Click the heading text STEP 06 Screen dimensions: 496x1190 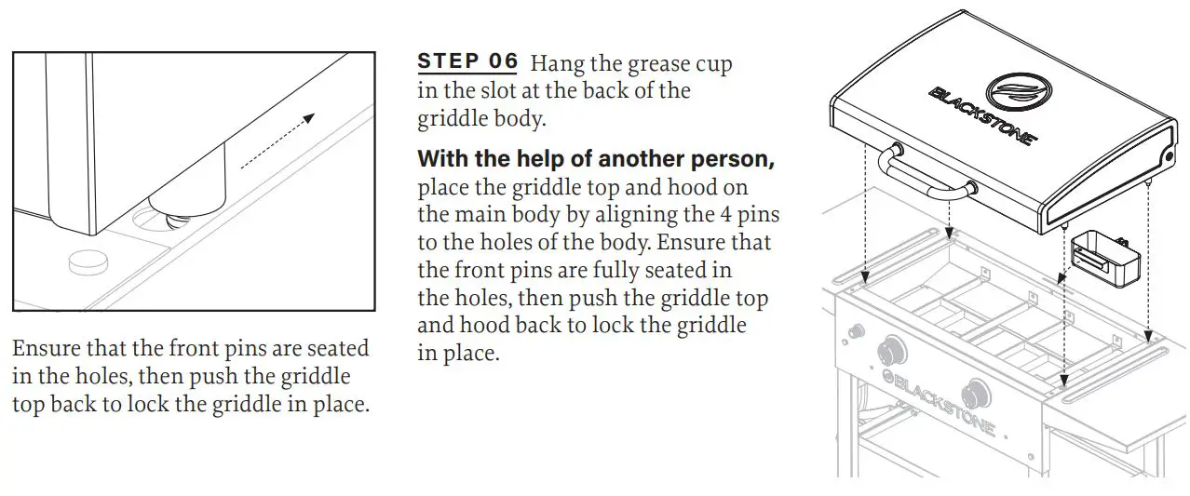(467, 62)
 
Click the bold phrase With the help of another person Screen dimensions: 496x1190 (596, 158)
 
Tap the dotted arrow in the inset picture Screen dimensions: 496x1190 (277, 141)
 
